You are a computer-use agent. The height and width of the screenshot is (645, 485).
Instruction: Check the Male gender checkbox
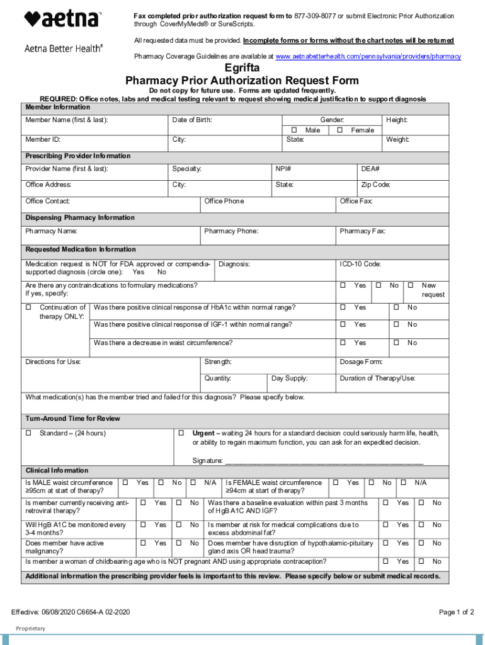pyautogui.click(x=294, y=130)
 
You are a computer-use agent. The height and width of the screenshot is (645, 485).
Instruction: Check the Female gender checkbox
pyautogui.click(x=339, y=130)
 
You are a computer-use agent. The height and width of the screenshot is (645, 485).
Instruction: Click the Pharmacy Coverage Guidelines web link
pyautogui.click(x=368, y=57)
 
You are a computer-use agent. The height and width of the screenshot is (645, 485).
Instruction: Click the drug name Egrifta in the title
pyautogui.click(x=242, y=69)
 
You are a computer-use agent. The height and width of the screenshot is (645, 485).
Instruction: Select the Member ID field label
pyautogui.click(x=43, y=140)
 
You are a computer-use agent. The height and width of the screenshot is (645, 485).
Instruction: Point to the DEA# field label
pyautogui.click(x=370, y=169)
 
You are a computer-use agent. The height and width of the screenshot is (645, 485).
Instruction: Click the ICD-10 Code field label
pyautogui.click(x=360, y=264)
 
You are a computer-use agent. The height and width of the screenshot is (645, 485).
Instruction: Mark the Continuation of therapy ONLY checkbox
pyautogui.click(x=28, y=307)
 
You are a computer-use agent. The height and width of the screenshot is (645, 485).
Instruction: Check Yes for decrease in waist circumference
pyautogui.click(x=343, y=343)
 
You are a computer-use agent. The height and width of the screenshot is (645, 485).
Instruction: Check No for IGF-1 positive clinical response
pyautogui.click(x=396, y=324)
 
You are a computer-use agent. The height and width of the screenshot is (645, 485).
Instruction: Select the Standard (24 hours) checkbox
pyautogui.click(x=28, y=433)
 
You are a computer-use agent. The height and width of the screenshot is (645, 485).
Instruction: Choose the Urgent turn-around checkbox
pyautogui.click(x=181, y=433)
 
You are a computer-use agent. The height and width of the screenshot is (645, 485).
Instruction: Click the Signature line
pyautogui.click(x=324, y=460)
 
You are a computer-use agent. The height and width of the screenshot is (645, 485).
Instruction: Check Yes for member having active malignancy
pyautogui.click(x=143, y=543)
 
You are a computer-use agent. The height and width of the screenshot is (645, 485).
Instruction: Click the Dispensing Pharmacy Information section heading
pyautogui.click(x=80, y=218)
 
